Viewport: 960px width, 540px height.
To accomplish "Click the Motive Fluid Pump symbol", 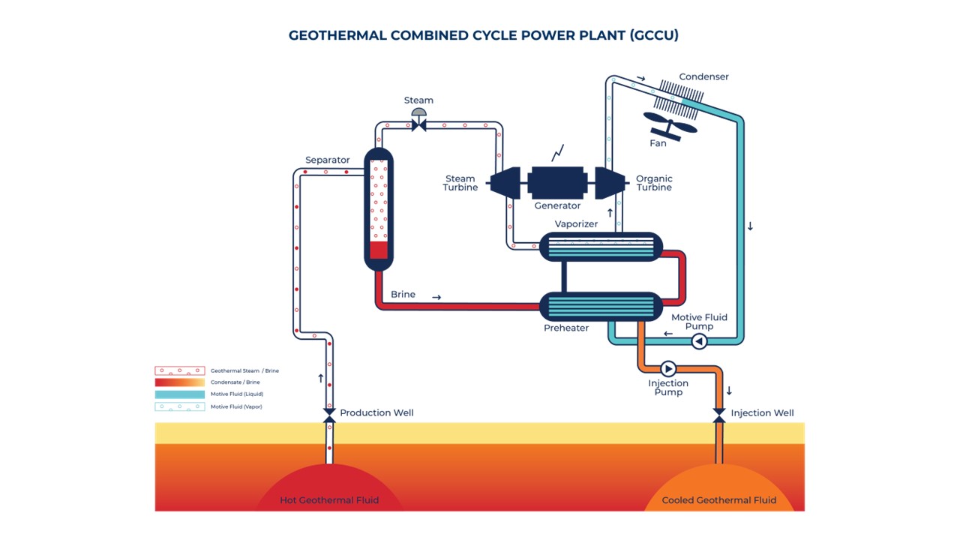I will pos(698,341).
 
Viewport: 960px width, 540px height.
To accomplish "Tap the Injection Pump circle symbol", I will pos(667,368).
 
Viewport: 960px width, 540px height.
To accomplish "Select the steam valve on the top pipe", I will pos(418,124).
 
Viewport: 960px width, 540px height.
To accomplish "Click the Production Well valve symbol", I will pos(328,414).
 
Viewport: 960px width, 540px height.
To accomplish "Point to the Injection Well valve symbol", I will pos(718,414).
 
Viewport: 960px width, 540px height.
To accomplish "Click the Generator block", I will pos(556,182).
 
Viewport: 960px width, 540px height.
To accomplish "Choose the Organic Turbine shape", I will pos(610,182).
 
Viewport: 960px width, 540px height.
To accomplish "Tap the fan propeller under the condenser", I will pos(670,127).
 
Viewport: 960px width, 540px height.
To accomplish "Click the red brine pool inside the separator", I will pos(379,250).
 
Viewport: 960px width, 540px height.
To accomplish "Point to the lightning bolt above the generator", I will pos(557,153).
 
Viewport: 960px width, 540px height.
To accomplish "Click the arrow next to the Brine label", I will pos(436,298).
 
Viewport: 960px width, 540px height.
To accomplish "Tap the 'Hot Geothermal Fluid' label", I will pos(329,500).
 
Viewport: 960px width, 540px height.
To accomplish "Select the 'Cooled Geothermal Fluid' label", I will pos(718,500).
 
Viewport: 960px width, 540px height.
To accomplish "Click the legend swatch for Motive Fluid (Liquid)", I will pos(179,394).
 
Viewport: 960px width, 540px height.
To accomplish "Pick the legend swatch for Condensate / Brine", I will pos(179,382).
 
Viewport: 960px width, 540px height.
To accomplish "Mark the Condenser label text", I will pos(703,76).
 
